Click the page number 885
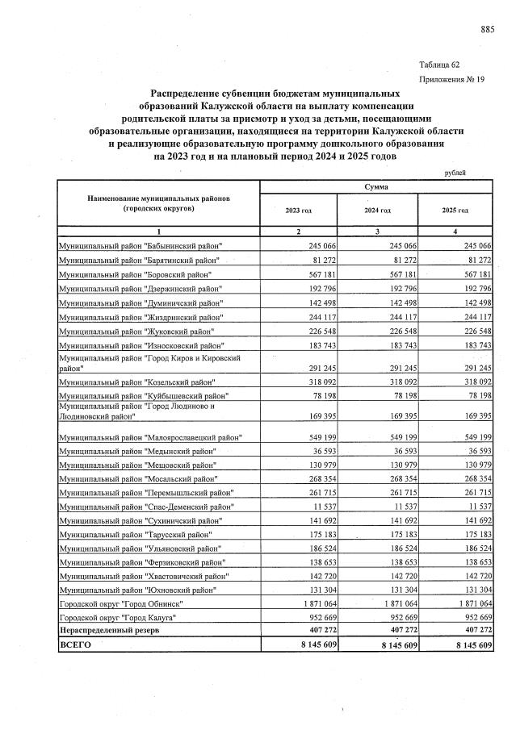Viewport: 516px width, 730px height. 487,30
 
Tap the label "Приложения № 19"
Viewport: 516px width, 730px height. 453,80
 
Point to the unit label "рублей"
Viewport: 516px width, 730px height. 455,173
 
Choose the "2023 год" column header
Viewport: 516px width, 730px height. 298,210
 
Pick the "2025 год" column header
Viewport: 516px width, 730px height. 455,210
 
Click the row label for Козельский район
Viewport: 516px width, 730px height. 137,381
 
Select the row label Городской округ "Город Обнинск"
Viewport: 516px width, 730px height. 127,603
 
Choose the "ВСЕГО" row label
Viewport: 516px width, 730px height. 76,646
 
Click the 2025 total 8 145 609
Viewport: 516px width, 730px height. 468,646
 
